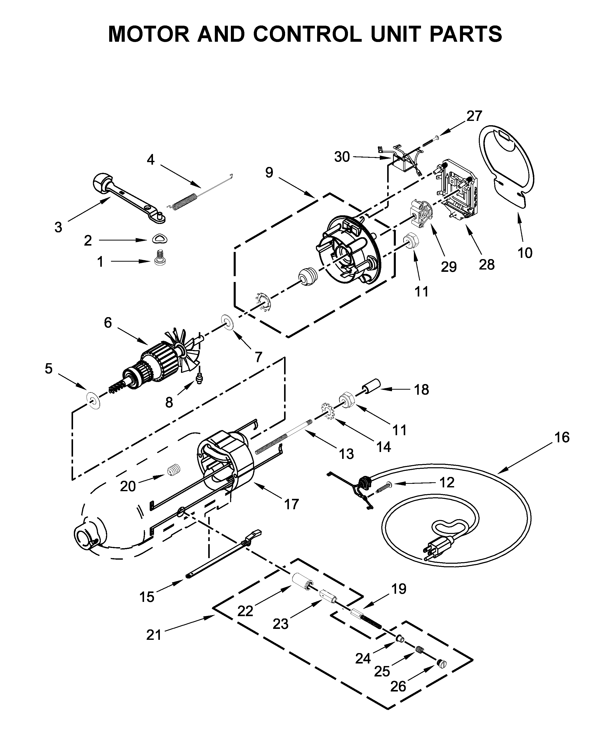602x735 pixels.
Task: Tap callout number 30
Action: pyautogui.click(x=342, y=157)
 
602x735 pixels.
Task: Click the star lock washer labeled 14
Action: pyautogui.click(x=328, y=411)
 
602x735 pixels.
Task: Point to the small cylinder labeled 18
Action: pyautogui.click(x=371, y=386)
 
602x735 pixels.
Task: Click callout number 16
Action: pyautogui.click(x=562, y=437)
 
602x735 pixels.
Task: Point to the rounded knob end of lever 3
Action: pyautogui.click(x=103, y=182)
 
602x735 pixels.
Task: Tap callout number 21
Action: pyautogui.click(x=154, y=635)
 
